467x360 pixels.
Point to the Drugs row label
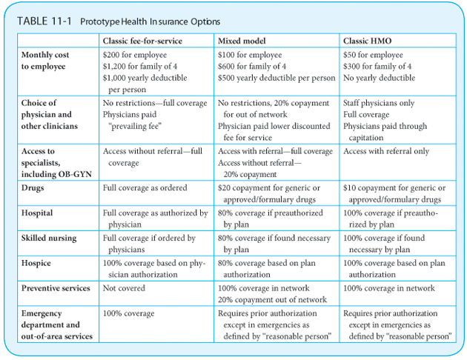coord(34,189)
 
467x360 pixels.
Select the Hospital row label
coord(37,213)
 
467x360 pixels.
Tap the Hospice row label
coord(37,264)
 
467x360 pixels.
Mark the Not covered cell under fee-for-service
coord(124,288)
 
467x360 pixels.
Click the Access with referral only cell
coord(386,151)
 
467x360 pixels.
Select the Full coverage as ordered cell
coord(145,188)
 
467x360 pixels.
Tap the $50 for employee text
coord(374,55)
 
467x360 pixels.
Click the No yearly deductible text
coord(380,78)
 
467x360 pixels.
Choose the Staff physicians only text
coord(379,103)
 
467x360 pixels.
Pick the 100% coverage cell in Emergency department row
coord(130,313)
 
